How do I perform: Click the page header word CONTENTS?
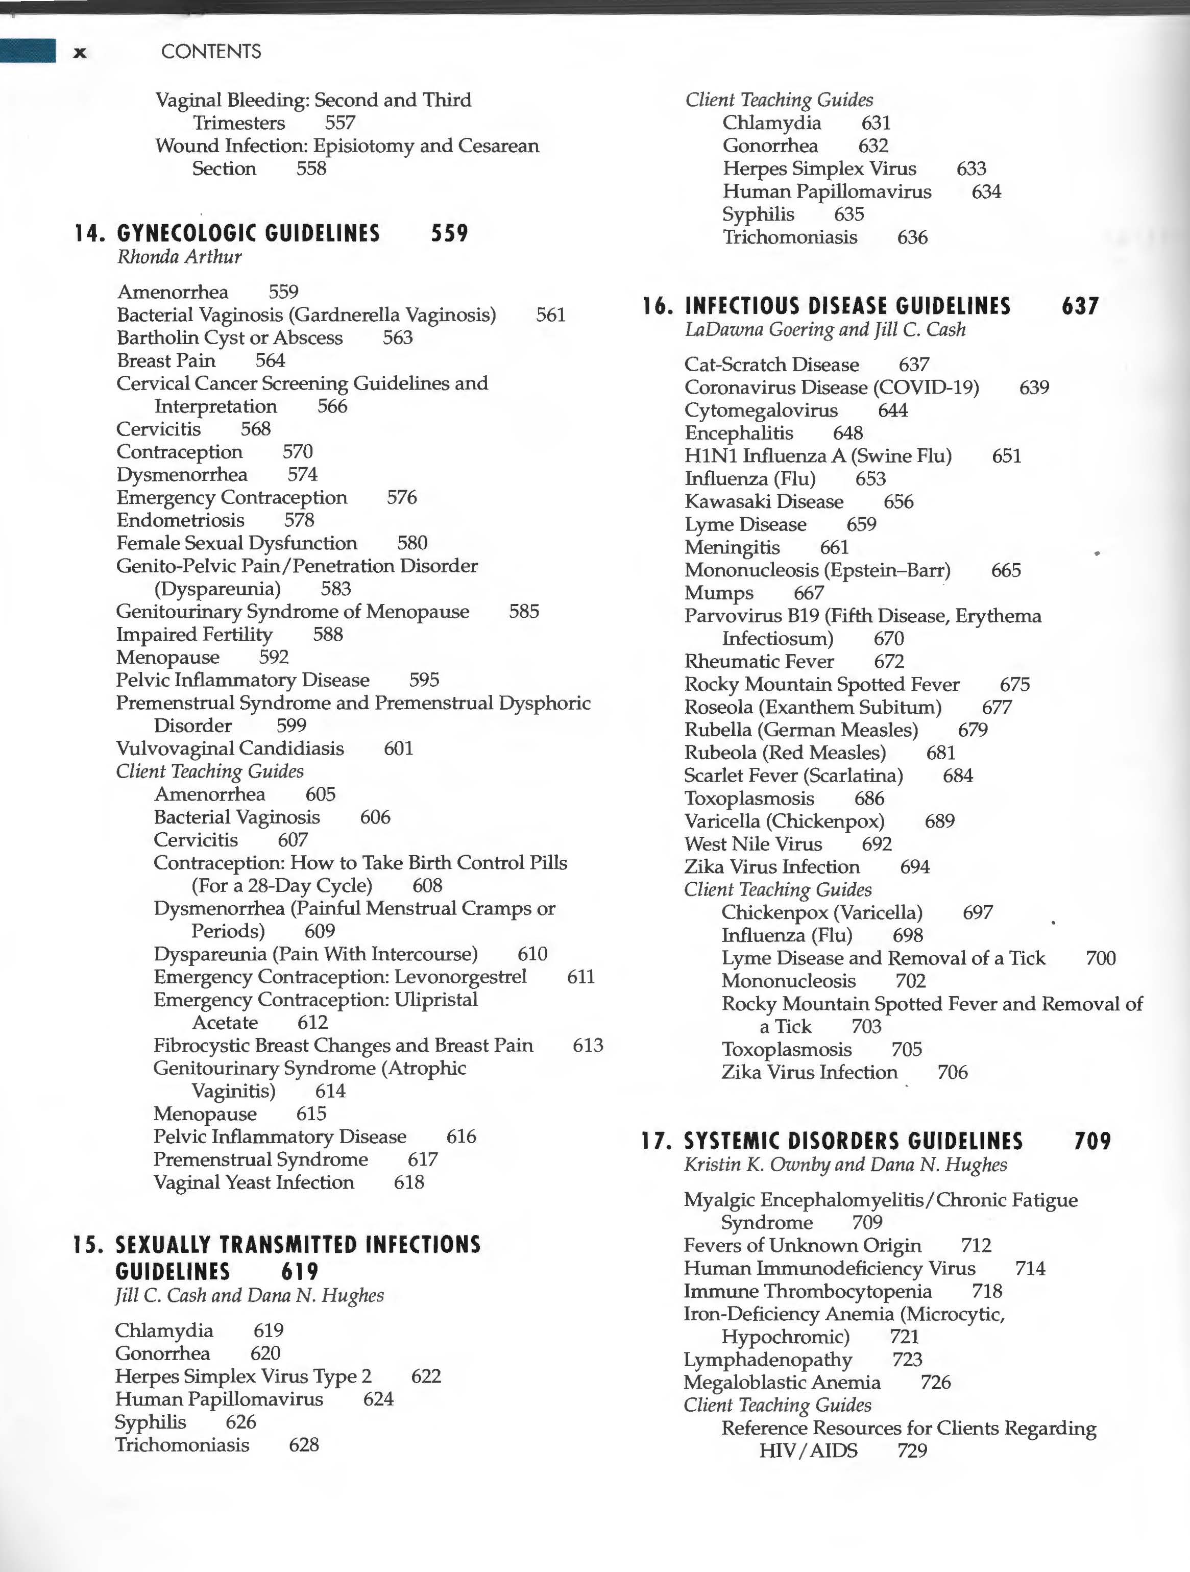(x=211, y=51)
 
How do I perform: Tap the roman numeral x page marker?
(x=80, y=52)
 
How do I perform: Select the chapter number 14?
(x=89, y=233)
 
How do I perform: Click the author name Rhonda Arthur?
(x=179, y=256)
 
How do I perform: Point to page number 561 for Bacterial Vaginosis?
(x=551, y=315)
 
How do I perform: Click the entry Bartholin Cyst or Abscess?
(x=230, y=337)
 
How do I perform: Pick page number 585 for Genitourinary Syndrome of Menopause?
(x=524, y=611)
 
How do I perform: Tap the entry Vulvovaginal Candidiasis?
(x=230, y=748)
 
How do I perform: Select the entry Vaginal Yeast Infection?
(x=254, y=1182)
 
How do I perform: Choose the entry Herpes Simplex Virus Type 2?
(x=243, y=1376)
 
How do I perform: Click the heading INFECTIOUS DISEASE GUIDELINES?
(x=847, y=306)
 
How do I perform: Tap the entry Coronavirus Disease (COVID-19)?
(x=831, y=388)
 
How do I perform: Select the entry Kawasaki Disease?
(x=764, y=502)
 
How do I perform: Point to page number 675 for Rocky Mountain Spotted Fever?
(x=1014, y=684)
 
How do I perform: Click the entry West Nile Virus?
(x=753, y=843)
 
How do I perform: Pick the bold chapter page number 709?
(x=1092, y=1141)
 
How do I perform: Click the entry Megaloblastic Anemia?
(x=782, y=1382)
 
